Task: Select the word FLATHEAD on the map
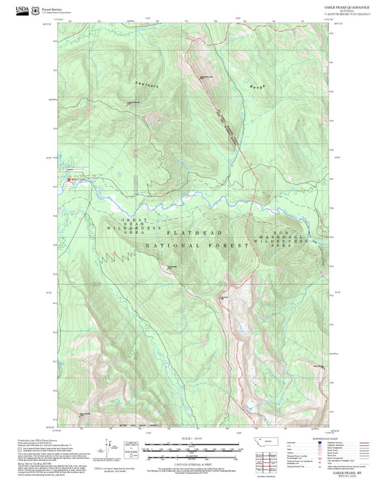pyautogui.click(x=195, y=233)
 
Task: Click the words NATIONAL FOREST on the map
pyautogui.click(x=193, y=246)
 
